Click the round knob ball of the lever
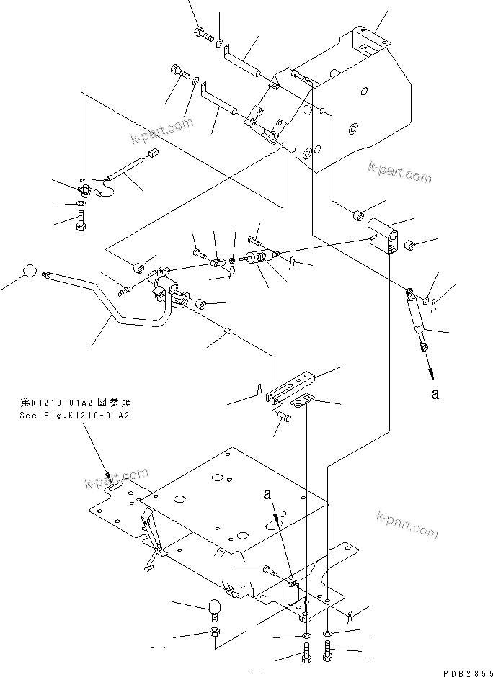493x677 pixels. [x=27, y=272]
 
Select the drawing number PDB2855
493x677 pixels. [x=465, y=671]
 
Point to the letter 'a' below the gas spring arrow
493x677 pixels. [x=435, y=394]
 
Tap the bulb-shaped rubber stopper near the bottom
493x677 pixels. [x=214, y=607]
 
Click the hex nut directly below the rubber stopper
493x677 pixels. [x=214, y=632]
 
